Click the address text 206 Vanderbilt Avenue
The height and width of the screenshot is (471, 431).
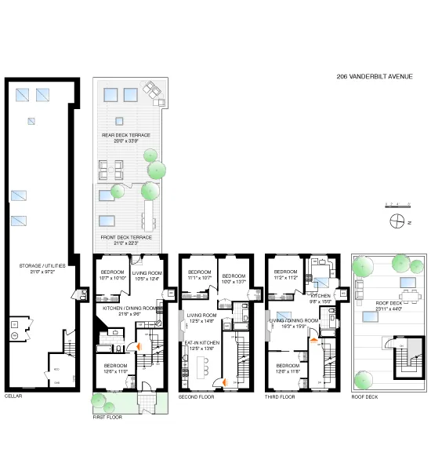[374, 76]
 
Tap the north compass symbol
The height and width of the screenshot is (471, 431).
[395, 221]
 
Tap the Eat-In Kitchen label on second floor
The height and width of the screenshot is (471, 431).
[202, 343]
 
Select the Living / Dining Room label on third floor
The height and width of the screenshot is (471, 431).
[294, 320]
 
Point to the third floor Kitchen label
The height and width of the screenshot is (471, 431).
[322, 295]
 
